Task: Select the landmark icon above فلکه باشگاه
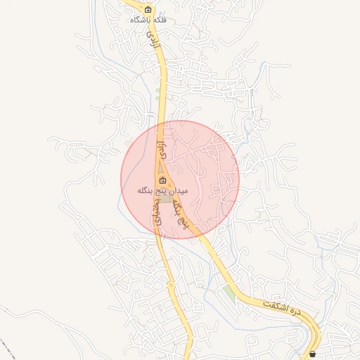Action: pos(148,9)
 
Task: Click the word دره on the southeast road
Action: pos(295,311)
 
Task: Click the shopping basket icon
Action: pos(313,354)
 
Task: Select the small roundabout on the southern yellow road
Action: pos(171,285)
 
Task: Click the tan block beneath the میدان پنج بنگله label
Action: pos(165,200)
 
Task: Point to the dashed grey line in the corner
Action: pos(7,348)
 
